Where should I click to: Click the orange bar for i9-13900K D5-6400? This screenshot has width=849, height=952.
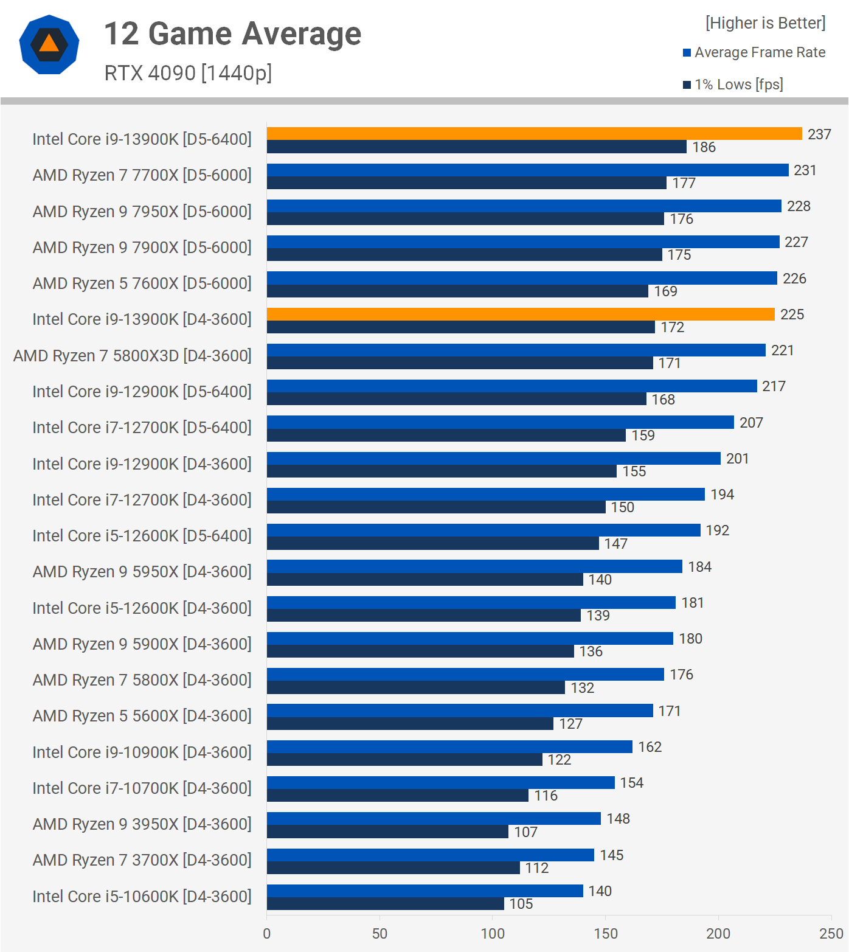click(x=534, y=134)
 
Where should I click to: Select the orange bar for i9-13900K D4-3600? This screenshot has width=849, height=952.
click(x=521, y=314)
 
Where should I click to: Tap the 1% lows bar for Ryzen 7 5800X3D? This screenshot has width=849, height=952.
click(x=460, y=363)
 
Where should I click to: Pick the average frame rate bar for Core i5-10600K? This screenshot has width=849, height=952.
click(x=424, y=891)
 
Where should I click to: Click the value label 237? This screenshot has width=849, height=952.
click(x=819, y=134)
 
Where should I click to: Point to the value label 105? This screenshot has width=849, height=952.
click(x=521, y=904)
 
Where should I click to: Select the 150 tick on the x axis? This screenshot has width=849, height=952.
click(x=605, y=934)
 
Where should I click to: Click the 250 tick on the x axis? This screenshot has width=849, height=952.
click(x=831, y=934)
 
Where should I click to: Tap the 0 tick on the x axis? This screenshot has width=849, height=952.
click(x=267, y=934)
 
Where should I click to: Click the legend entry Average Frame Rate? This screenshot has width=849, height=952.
click(x=760, y=52)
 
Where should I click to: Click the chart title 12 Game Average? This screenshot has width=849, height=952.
click(x=233, y=33)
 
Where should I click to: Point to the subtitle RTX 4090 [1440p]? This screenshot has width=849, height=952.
click(x=188, y=73)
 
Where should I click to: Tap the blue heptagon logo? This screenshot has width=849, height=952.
click(x=49, y=44)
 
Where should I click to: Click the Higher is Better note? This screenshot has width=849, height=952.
click(x=765, y=23)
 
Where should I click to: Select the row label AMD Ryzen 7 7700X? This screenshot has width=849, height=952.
click(x=142, y=175)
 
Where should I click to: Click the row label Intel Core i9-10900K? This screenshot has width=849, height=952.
click(x=142, y=752)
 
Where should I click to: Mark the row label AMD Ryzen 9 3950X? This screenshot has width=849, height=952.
click(x=142, y=824)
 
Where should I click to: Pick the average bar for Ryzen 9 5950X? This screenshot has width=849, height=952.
click(x=474, y=566)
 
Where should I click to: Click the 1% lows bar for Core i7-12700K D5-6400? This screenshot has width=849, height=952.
click(x=446, y=436)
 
